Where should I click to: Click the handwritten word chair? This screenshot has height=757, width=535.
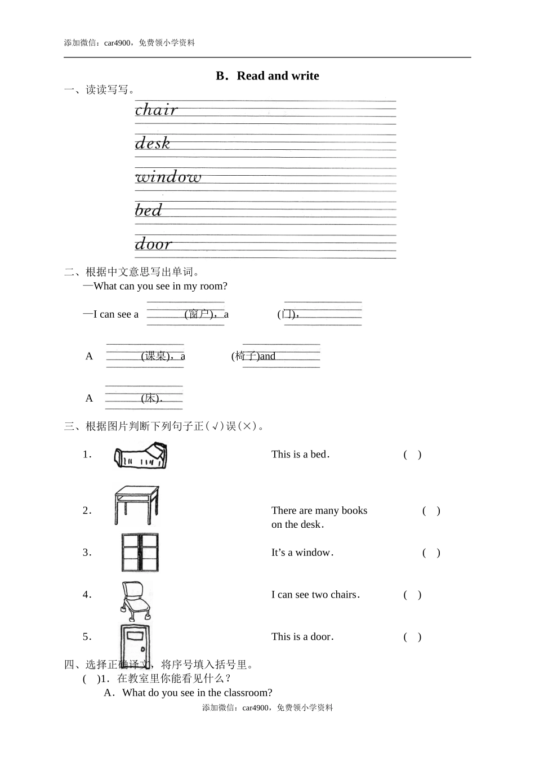(x=156, y=109)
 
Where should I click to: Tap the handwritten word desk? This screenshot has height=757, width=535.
(x=152, y=143)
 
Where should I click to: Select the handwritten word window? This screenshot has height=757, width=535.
(x=168, y=176)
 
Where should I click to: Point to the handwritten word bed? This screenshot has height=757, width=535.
(x=148, y=210)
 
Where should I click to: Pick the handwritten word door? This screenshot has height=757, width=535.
(x=153, y=243)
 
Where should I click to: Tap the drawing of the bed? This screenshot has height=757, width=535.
(x=140, y=455)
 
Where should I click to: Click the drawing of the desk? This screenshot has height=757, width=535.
(x=137, y=505)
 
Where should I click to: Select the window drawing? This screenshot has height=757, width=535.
(x=140, y=553)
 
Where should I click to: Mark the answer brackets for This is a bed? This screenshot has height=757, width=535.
(x=412, y=455)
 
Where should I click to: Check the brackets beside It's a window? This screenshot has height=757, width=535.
(x=431, y=553)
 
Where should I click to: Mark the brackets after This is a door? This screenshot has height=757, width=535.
(x=412, y=637)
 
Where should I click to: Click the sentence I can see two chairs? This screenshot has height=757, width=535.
(x=315, y=595)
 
